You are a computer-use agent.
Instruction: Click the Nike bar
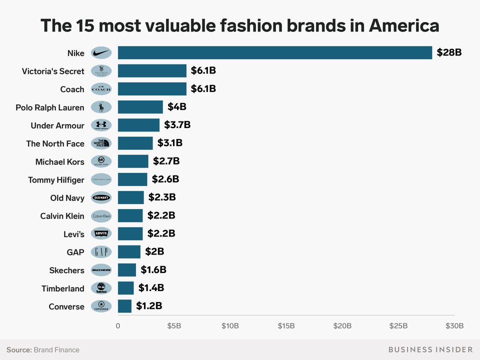point(275,52)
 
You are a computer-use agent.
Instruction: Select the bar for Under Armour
point(138,125)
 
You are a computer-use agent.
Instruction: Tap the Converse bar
point(124,306)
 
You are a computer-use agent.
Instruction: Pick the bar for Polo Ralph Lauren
point(140,107)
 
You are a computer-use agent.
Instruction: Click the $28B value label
point(448,52)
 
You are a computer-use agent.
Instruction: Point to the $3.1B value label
point(170,143)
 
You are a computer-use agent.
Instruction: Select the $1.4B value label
point(151,287)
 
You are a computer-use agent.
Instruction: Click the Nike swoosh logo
point(101,53)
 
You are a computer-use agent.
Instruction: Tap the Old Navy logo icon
point(101,197)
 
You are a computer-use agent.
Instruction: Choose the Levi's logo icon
point(101,233)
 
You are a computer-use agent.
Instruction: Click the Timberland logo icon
point(101,288)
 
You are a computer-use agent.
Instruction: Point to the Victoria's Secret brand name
point(53,71)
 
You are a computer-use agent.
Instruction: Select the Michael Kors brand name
point(59,161)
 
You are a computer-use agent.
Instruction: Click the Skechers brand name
point(66,270)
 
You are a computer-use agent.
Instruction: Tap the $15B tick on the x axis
point(286,326)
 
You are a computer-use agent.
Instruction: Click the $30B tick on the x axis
point(454,326)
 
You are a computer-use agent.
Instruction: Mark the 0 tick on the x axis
point(118,326)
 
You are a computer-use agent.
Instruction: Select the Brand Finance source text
point(56,349)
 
